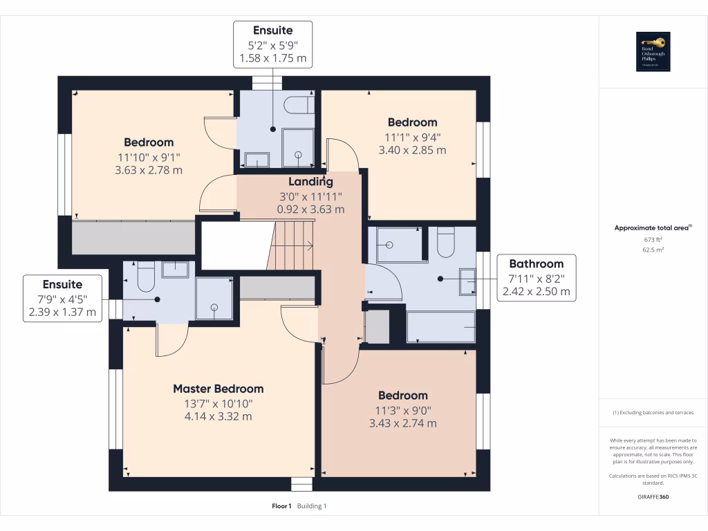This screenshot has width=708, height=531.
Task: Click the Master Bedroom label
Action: [x=218, y=389]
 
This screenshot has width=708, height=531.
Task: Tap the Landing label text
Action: [x=310, y=182]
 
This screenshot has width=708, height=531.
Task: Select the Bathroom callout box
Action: [x=536, y=277]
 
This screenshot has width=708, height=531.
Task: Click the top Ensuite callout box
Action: [x=272, y=44]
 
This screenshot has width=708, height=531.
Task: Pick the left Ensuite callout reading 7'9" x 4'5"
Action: [x=62, y=298]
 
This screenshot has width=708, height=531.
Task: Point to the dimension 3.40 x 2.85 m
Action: [x=412, y=149]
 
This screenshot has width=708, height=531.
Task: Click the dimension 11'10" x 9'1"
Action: [x=149, y=156]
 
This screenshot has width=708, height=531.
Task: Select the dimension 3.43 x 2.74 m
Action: [x=402, y=423]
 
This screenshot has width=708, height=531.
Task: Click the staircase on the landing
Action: [x=290, y=245]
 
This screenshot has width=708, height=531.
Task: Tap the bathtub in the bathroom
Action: [x=440, y=326]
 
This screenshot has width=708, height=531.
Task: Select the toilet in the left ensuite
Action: [x=145, y=278]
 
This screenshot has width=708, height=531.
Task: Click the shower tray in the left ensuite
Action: [x=214, y=298]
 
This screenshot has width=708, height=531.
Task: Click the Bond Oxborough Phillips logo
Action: [x=653, y=52]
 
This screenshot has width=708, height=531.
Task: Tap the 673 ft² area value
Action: [x=653, y=239]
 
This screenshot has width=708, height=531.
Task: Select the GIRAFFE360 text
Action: [x=653, y=496]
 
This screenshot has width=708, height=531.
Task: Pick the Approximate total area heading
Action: [x=653, y=227]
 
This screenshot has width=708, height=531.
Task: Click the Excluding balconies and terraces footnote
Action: [x=653, y=413]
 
